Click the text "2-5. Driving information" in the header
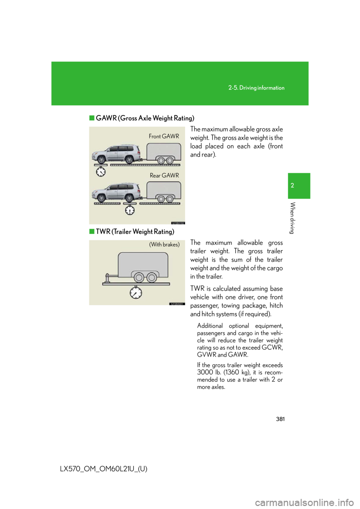point(256,88)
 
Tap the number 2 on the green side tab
point(292,186)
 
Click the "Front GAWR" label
point(164,136)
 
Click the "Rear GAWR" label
point(164,175)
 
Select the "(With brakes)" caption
point(164,244)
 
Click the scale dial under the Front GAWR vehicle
point(100,172)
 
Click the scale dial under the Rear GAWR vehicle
point(130,210)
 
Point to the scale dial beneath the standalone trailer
point(136,293)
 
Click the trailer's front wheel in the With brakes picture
point(139,278)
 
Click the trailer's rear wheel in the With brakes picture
point(152,278)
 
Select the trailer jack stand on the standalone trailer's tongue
point(108,278)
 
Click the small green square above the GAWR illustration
point(91,118)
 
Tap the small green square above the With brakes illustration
point(91,231)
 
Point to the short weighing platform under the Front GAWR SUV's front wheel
point(100,165)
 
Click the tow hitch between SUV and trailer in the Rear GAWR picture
point(142,198)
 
